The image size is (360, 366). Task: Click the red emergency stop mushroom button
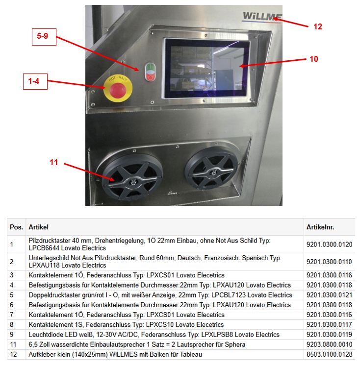click(x=118, y=90)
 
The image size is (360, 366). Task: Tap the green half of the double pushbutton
click(x=150, y=68)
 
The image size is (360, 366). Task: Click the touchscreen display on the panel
click(x=206, y=68)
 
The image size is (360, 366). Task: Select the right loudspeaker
click(x=212, y=169)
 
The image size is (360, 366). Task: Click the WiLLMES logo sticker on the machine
click(x=262, y=16)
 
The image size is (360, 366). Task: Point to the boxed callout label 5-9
click(x=44, y=37)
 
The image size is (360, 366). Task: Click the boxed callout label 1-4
click(x=35, y=81)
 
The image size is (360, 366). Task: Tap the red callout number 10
click(x=314, y=59)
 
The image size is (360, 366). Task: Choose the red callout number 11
click(x=54, y=163)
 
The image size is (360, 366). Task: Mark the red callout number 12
click(x=318, y=26)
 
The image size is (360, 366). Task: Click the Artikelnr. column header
click(x=320, y=227)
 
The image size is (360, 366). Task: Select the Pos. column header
click(x=17, y=227)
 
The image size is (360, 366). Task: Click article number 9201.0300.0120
click(x=329, y=244)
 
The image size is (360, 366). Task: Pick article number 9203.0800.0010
click(x=329, y=344)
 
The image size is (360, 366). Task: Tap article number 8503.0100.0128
click(x=329, y=354)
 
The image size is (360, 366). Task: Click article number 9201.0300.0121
click(x=329, y=295)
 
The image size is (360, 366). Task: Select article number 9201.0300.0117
click(x=329, y=324)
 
